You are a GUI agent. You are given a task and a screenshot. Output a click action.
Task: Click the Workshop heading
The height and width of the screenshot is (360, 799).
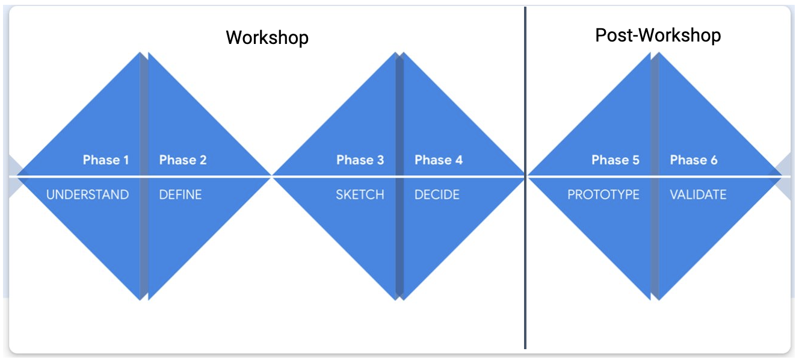(267, 37)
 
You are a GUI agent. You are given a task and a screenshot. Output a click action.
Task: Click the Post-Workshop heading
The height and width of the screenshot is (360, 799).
(658, 36)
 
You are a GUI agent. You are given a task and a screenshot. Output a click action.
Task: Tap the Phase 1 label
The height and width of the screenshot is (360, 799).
(105, 160)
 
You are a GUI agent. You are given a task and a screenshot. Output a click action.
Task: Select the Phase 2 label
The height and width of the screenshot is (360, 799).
(183, 160)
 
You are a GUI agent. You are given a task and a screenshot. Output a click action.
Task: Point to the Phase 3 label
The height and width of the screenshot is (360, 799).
(360, 160)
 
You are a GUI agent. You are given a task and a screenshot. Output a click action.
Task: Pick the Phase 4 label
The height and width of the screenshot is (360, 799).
(439, 160)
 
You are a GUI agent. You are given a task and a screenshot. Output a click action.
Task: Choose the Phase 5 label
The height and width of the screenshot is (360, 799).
(615, 160)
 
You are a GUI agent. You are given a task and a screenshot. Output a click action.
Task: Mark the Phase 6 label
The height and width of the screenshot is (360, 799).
(694, 160)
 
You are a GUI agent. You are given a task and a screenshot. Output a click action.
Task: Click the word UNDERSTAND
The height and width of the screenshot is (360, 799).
(87, 194)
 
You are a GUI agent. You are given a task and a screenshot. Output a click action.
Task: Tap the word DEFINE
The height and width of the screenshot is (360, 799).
(180, 194)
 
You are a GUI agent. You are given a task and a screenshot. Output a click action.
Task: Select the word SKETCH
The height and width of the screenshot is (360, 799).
(360, 194)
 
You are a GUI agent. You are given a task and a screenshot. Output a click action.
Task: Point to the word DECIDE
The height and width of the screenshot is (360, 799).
(437, 194)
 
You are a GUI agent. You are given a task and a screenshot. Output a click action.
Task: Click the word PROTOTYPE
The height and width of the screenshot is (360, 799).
(603, 194)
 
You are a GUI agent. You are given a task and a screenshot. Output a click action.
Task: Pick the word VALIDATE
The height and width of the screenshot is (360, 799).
(698, 194)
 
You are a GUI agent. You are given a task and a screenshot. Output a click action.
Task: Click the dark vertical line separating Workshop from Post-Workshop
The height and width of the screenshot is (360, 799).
(525, 178)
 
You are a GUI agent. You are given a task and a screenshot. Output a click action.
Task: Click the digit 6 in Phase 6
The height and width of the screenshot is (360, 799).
(714, 160)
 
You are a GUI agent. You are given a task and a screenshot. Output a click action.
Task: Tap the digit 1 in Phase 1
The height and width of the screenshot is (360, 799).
(126, 160)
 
